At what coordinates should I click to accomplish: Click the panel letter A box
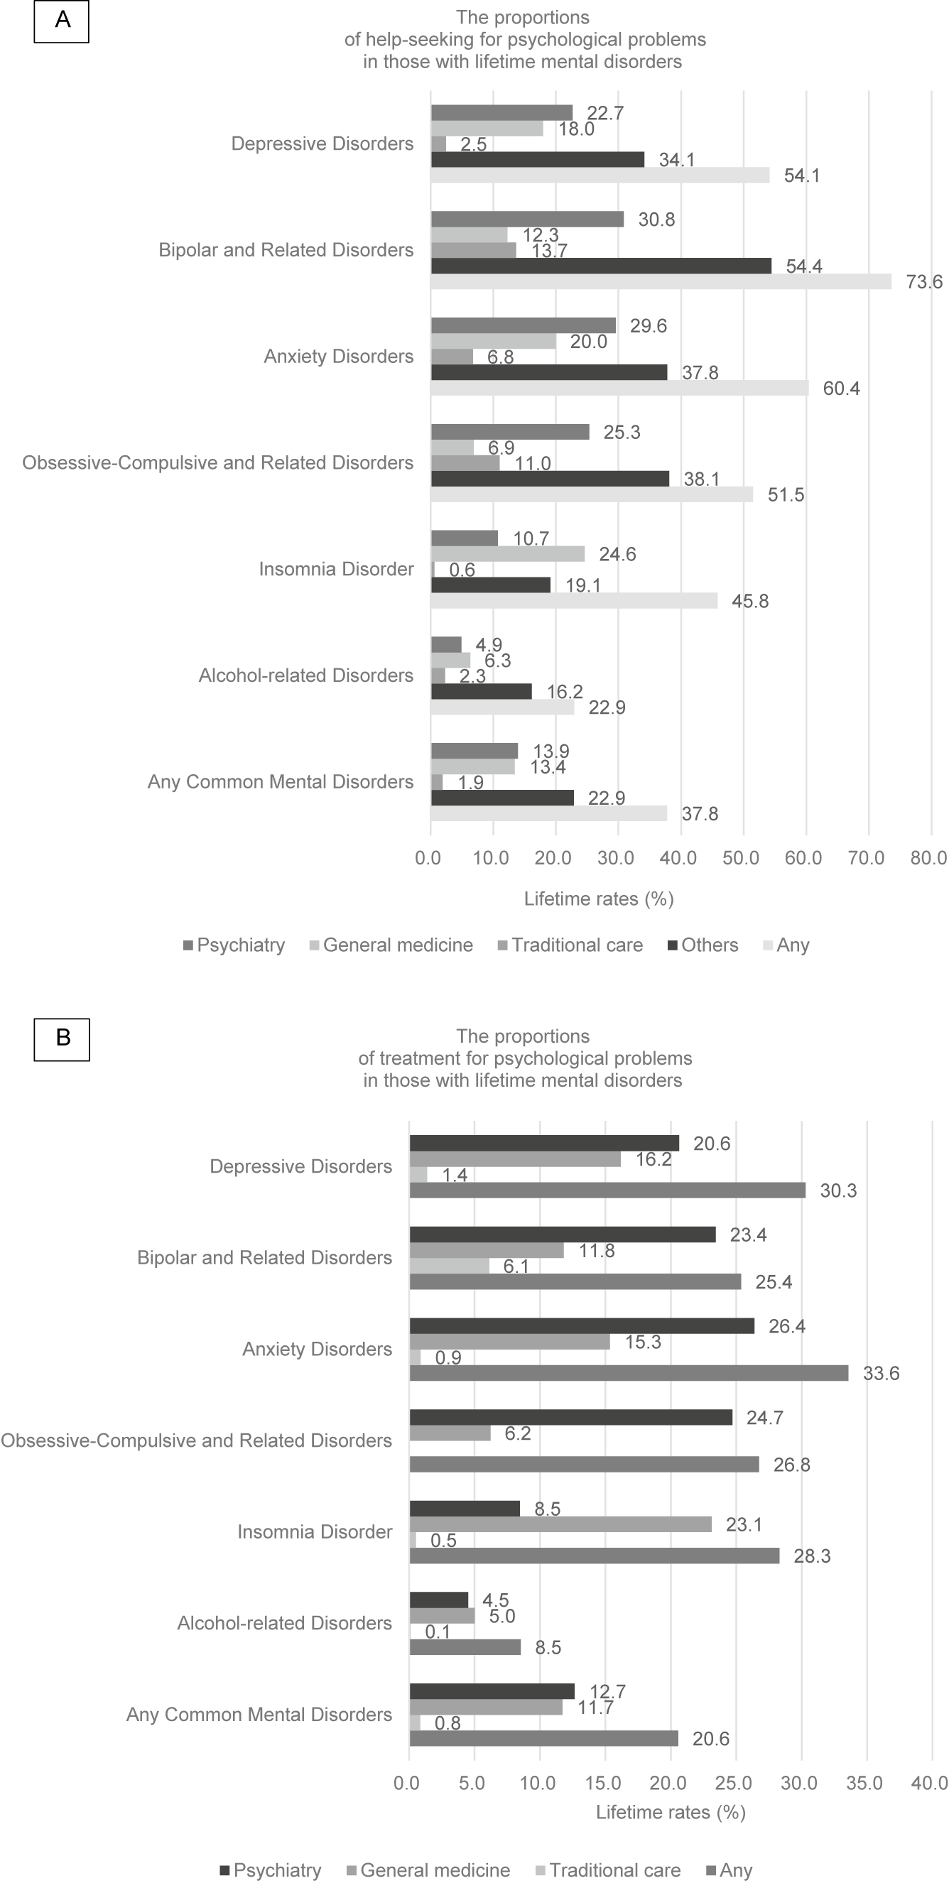coord(61,21)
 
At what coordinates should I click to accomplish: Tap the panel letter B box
coord(61,1038)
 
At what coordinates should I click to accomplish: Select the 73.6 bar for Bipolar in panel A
coord(660,281)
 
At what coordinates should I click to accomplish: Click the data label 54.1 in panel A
coord(801,176)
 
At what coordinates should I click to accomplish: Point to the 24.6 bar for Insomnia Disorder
coord(507,554)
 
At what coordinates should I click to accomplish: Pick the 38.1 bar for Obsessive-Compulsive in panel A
coord(550,479)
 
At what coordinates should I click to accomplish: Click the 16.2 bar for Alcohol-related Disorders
coord(481,692)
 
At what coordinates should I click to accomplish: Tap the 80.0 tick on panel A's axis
coord(928,857)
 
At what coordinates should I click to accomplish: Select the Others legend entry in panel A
coord(703,945)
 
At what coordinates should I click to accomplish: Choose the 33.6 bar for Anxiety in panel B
coord(629,1374)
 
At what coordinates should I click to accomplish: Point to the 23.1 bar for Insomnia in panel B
coord(560,1524)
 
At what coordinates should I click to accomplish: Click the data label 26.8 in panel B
coord(791,1465)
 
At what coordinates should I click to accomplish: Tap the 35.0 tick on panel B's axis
coord(864,1783)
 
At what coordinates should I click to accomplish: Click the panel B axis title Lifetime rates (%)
coord(671,1812)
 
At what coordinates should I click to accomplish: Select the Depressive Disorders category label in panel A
coord(322,144)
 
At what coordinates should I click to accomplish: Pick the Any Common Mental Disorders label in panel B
coord(259,1714)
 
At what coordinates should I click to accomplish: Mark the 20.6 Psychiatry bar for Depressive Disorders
coord(544,1144)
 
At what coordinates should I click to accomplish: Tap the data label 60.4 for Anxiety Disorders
coord(841,389)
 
